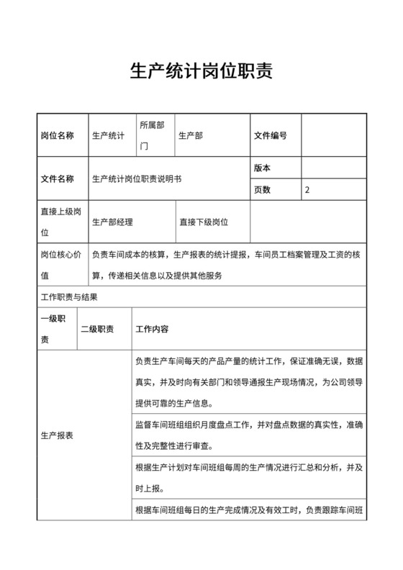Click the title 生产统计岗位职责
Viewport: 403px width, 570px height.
click(201, 72)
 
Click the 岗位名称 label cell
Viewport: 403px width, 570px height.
click(57, 135)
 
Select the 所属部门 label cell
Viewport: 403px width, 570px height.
click(152, 135)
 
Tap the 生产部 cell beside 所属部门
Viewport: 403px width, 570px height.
click(191, 135)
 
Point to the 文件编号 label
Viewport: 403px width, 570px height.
click(271, 135)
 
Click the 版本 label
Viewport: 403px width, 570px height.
click(263, 168)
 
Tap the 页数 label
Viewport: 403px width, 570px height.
click(263, 190)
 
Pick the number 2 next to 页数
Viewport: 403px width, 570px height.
click(308, 190)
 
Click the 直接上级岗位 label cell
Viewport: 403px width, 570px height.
click(60, 222)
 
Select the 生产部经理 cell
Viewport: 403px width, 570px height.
click(113, 222)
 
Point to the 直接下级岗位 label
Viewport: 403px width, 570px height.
click(204, 222)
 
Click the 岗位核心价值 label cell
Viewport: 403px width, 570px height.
click(60, 264)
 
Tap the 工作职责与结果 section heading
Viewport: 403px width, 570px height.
click(69, 297)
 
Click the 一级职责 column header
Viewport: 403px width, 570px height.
click(54, 329)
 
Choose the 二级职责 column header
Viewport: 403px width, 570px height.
click(96, 329)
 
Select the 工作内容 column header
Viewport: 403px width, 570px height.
click(152, 329)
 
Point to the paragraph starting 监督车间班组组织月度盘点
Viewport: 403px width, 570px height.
click(248, 435)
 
